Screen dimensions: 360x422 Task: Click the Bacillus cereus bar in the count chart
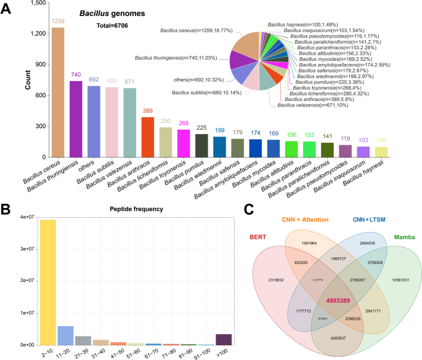point(58,92)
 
